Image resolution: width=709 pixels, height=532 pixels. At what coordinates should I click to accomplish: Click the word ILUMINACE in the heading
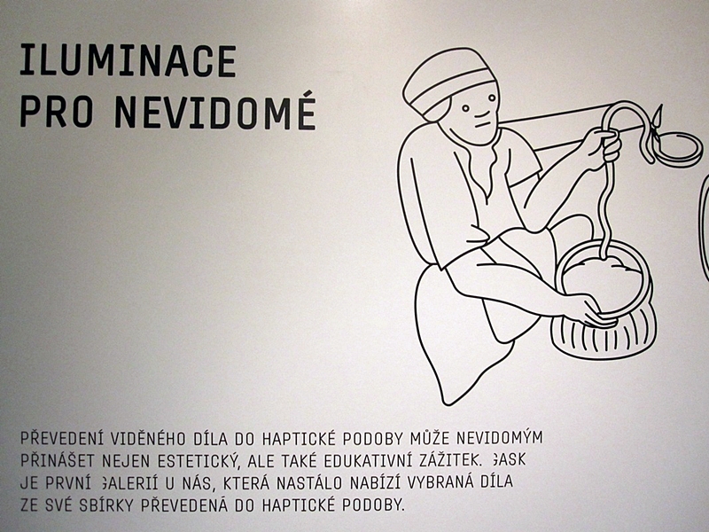click(128, 60)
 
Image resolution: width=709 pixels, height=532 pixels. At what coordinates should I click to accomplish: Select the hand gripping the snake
click(602, 147)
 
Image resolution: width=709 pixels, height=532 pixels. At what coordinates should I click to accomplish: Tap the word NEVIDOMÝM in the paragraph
click(499, 437)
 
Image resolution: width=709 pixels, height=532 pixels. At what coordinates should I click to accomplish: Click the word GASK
click(508, 459)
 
